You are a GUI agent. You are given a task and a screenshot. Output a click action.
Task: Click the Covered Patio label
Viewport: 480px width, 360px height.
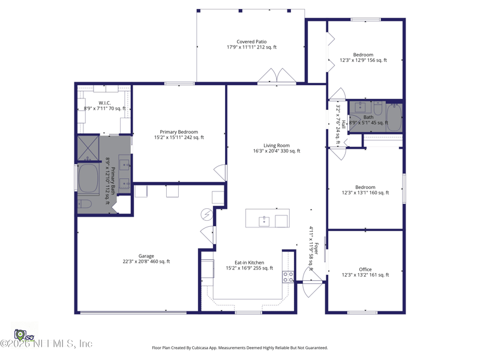(251, 44)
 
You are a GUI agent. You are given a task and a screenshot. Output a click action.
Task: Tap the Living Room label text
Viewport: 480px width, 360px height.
(277, 148)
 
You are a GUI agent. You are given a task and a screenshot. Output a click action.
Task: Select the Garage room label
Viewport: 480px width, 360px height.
(146, 259)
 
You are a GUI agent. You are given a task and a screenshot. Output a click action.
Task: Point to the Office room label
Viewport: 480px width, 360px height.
(365, 272)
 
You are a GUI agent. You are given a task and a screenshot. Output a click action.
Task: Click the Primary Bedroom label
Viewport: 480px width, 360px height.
(179, 134)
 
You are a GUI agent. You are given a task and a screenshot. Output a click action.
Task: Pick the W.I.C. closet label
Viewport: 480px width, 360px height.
(104, 106)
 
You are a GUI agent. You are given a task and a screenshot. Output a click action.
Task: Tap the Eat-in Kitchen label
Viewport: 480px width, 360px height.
(250, 265)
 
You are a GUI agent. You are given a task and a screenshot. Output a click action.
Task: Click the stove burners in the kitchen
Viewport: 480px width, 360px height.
(288, 277)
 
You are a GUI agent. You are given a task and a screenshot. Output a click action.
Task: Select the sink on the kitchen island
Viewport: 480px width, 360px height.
(264, 221)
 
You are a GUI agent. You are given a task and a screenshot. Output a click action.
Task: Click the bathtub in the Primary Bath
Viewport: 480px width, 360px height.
(88, 179)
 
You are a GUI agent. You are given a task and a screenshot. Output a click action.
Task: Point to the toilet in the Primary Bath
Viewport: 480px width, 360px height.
(85, 204)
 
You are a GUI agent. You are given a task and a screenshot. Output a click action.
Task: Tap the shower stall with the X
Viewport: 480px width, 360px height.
(88, 148)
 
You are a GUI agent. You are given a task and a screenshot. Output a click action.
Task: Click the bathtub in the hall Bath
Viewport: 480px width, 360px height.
(394, 118)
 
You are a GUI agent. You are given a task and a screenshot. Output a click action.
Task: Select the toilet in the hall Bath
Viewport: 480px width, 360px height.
(378, 109)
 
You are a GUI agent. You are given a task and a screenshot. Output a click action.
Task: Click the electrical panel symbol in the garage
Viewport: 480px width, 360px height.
(207, 215)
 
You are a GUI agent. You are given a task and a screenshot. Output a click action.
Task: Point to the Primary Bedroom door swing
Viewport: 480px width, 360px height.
(220, 173)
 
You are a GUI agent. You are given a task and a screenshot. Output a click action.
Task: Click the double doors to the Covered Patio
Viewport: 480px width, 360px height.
(277, 76)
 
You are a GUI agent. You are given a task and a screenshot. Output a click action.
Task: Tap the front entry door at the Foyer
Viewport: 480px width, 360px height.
(313, 281)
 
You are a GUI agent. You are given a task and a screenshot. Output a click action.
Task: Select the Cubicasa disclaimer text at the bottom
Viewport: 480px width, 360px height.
(240, 348)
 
